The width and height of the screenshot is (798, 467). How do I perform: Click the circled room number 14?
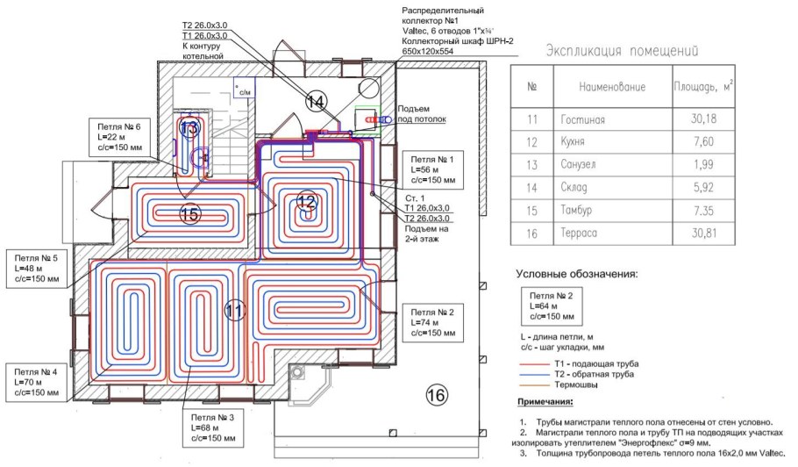point(316,102)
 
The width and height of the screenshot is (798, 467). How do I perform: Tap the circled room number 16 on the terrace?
point(435,396)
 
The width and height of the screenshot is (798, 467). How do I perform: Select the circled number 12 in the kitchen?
point(305,201)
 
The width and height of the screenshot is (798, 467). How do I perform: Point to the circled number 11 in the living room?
point(234,310)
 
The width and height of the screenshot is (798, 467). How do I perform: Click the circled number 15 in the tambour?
point(190,213)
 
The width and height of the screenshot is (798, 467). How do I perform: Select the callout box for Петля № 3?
point(211,427)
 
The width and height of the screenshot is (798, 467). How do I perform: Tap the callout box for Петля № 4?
point(37,383)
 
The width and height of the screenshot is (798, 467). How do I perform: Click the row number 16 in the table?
point(531,233)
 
